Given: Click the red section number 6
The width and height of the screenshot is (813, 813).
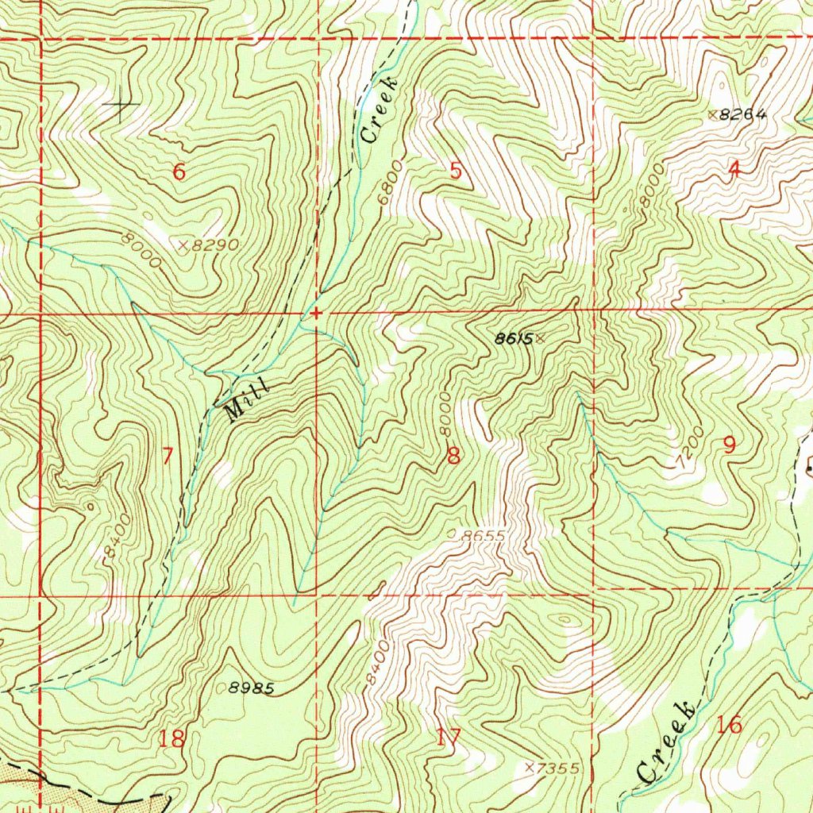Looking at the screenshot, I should tap(179, 171).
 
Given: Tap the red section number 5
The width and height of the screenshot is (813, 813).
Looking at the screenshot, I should tap(456, 171).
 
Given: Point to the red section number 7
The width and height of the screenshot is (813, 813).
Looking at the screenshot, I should tap(168, 457).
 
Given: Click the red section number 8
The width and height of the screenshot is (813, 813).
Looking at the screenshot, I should tap(453, 456).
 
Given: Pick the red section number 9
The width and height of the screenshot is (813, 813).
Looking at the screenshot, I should tap(729, 445).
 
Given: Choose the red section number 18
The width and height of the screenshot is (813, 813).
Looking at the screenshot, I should tap(171, 739).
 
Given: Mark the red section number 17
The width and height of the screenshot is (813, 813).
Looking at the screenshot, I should tap(448, 738).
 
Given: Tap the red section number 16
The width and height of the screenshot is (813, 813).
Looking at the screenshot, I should tap(729, 724).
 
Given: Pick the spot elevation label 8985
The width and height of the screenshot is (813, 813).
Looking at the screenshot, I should tap(252, 689).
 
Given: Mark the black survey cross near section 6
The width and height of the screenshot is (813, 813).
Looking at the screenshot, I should tap(121, 104).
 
